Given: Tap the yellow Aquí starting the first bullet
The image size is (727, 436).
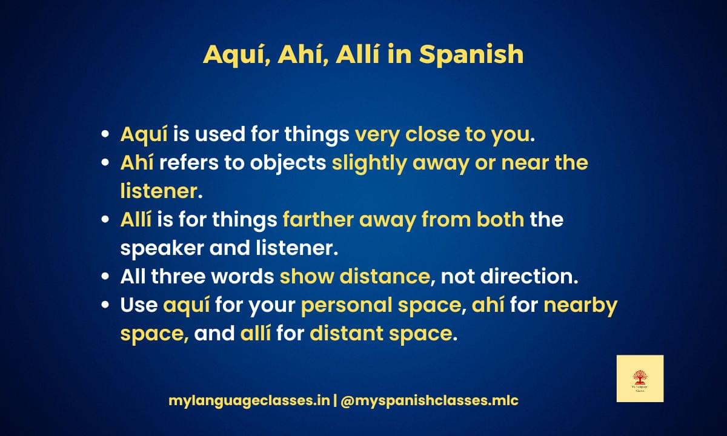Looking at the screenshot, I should pos(143,134).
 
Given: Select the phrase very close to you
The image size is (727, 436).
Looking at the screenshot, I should pos(442,134).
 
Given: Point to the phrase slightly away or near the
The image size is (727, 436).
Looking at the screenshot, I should pos(459,163).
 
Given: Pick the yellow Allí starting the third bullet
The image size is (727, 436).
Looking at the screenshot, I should pos(136,219).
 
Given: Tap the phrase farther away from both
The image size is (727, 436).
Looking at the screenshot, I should pos(403,219).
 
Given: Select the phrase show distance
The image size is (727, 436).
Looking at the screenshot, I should pos(354,276).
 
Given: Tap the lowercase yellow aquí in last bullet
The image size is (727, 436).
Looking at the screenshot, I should pos(186,305).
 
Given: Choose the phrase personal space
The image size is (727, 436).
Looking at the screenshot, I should pos(380,305).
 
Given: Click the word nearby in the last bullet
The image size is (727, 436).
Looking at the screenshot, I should pos(580,305).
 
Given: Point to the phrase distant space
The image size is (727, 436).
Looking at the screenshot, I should pos(380,333).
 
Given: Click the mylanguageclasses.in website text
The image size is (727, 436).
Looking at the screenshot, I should pos(249,401).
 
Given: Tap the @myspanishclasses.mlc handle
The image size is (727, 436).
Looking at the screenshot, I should pos(429,401).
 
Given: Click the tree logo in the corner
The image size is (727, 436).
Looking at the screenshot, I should pos(640,378).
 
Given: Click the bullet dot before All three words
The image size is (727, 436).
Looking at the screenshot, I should pos(106,277).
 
